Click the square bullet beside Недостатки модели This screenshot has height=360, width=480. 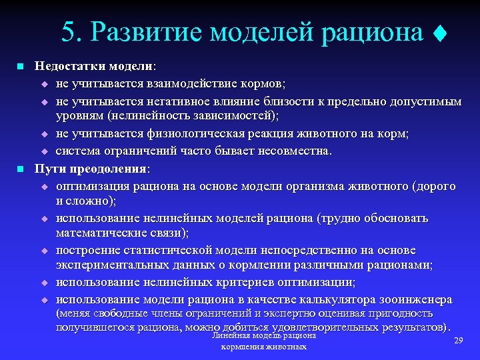[x=20, y=67]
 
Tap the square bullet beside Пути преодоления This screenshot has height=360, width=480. [x=20, y=168]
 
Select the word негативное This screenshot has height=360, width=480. [x=178, y=101]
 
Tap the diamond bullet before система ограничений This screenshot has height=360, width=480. [x=45, y=151]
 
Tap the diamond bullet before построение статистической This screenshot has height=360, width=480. [x=45, y=251]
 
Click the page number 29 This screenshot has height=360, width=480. [x=458, y=341]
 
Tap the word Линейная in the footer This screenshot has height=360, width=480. [x=229, y=337]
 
